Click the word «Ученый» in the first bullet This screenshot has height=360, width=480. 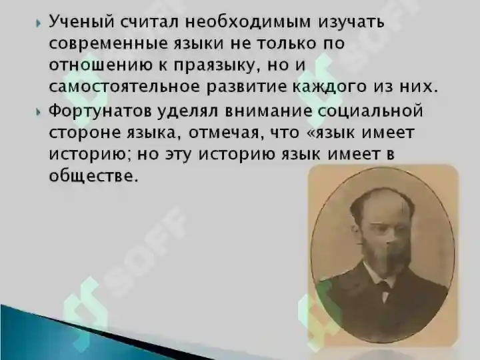(82, 23)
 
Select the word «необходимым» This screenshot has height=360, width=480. (248, 22)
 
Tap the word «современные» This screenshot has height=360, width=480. (109, 44)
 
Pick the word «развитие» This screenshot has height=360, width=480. (247, 87)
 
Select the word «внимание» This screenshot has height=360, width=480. (268, 111)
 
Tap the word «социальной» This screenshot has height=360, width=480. (371, 110)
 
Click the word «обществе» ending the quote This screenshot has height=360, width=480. (92, 176)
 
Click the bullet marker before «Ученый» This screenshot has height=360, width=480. (38, 23)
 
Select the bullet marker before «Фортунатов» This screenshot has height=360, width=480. (38, 112)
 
